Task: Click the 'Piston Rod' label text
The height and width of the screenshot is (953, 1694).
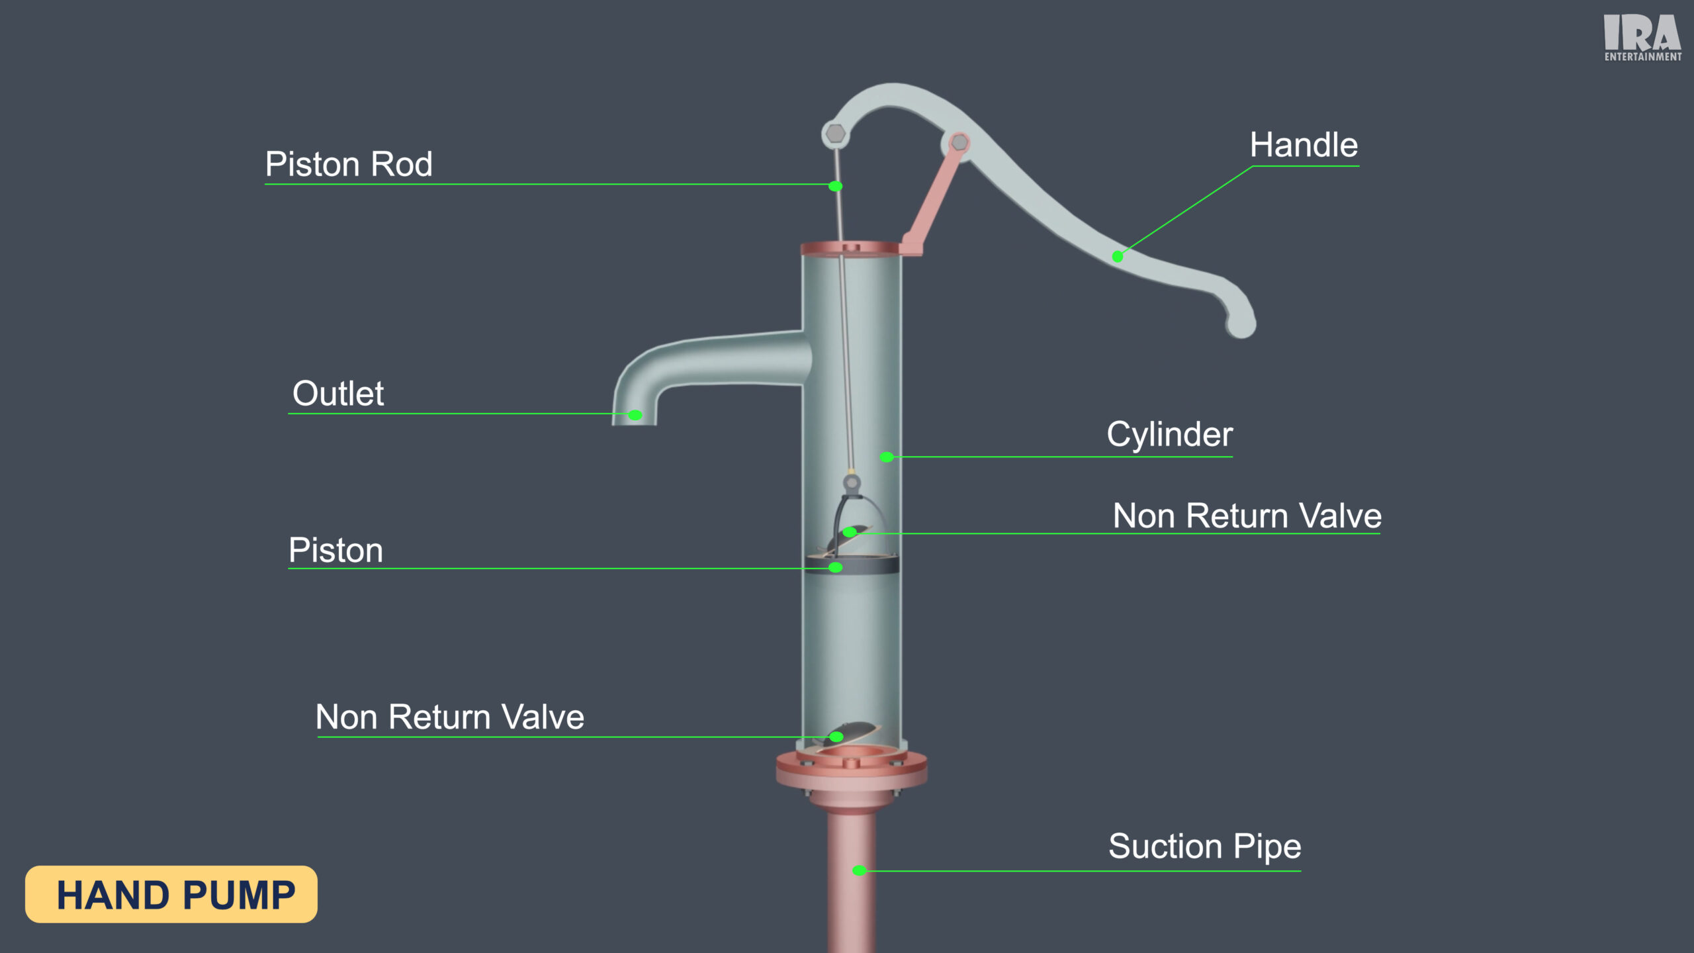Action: tap(349, 164)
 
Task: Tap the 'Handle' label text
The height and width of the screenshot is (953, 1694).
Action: tap(1304, 145)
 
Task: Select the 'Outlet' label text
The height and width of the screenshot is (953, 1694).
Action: tap(338, 394)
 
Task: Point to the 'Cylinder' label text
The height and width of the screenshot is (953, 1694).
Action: tap(1169, 435)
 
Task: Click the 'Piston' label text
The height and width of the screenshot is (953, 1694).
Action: tap(336, 551)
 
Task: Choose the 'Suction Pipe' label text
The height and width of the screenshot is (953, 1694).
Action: tap(1204, 846)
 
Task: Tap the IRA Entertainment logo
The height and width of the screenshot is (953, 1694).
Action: tap(1642, 38)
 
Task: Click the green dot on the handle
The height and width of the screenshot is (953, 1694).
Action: tap(1118, 257)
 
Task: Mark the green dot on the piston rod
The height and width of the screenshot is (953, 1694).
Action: tap(836, 187)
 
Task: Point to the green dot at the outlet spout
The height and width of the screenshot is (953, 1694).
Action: tap(635, 416)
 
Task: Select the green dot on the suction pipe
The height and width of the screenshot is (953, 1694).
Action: tap(859, 871)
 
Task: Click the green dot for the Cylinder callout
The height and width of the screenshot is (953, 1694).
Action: tap(887, 457)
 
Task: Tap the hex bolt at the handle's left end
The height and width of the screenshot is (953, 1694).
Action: tap(836, 134)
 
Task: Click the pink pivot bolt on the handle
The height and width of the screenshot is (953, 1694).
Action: tap(959, 142)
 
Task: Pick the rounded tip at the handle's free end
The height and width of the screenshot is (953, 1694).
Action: tap(1241, 324)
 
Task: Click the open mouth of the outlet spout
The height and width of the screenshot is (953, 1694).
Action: tap(634, 422)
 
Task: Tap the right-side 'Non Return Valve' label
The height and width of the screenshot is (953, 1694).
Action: tap(1247, 516)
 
